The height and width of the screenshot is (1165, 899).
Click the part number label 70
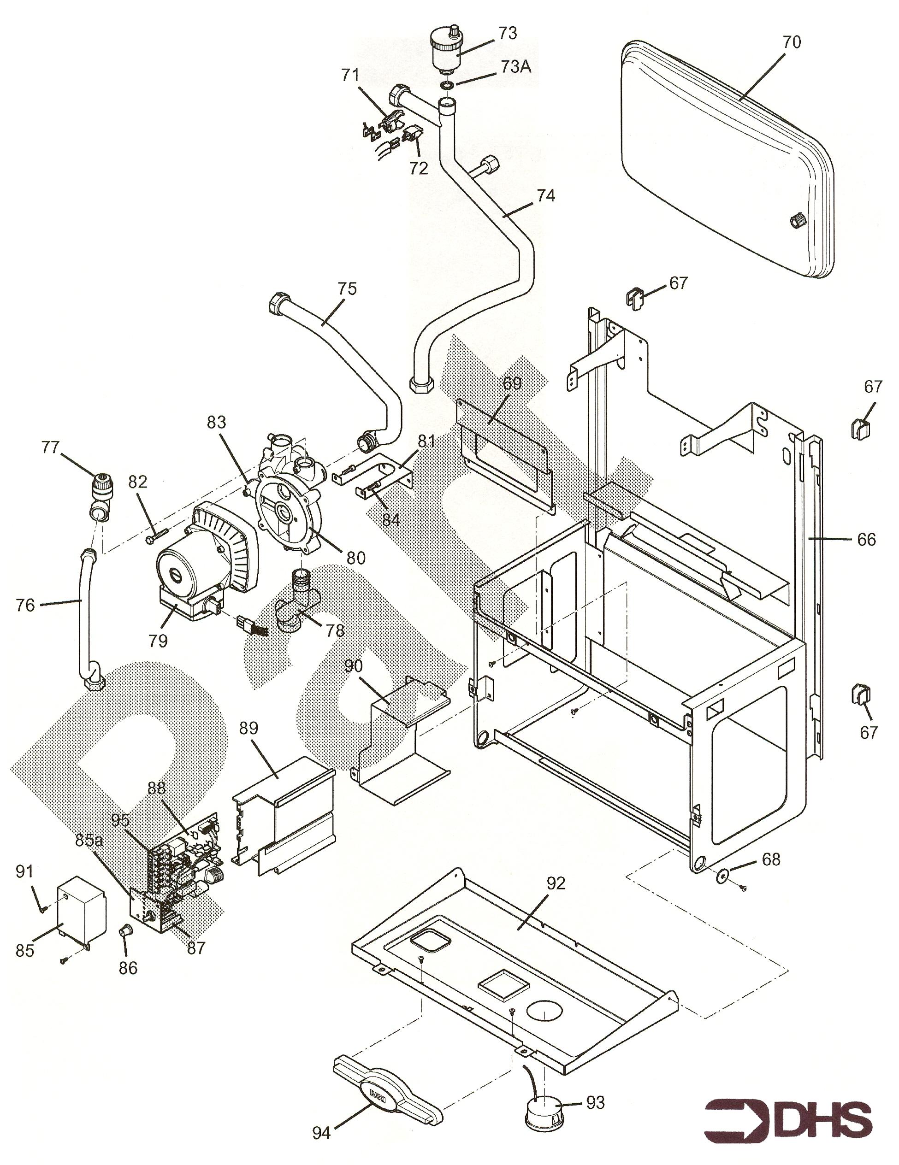click(792, 42)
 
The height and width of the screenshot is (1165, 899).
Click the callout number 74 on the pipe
click(545, 196)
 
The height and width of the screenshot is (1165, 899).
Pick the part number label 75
click(347, 288)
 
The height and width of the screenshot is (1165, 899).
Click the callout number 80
click(356, 558)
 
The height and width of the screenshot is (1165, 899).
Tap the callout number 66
click(866, 539)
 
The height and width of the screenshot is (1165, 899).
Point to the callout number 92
click(556, 883)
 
